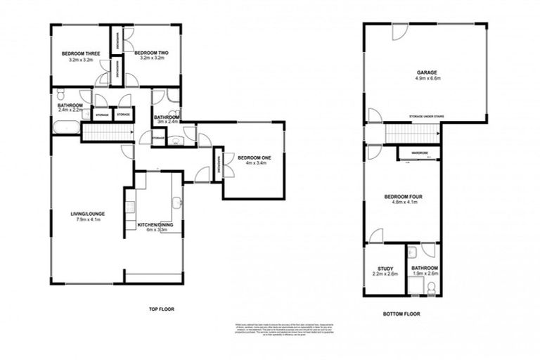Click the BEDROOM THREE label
(x=81, y=53)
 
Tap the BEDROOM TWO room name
(x=152, y=53)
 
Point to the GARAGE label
(x=427, y=72)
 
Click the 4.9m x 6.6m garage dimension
(x=427, y=79)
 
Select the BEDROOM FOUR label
(x=401, y=197)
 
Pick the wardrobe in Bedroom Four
(x=420, y=153)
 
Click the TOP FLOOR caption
(x=161, y=309)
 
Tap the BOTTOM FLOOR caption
(x=401, y=314)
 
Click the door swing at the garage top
(x=399, y=32)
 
